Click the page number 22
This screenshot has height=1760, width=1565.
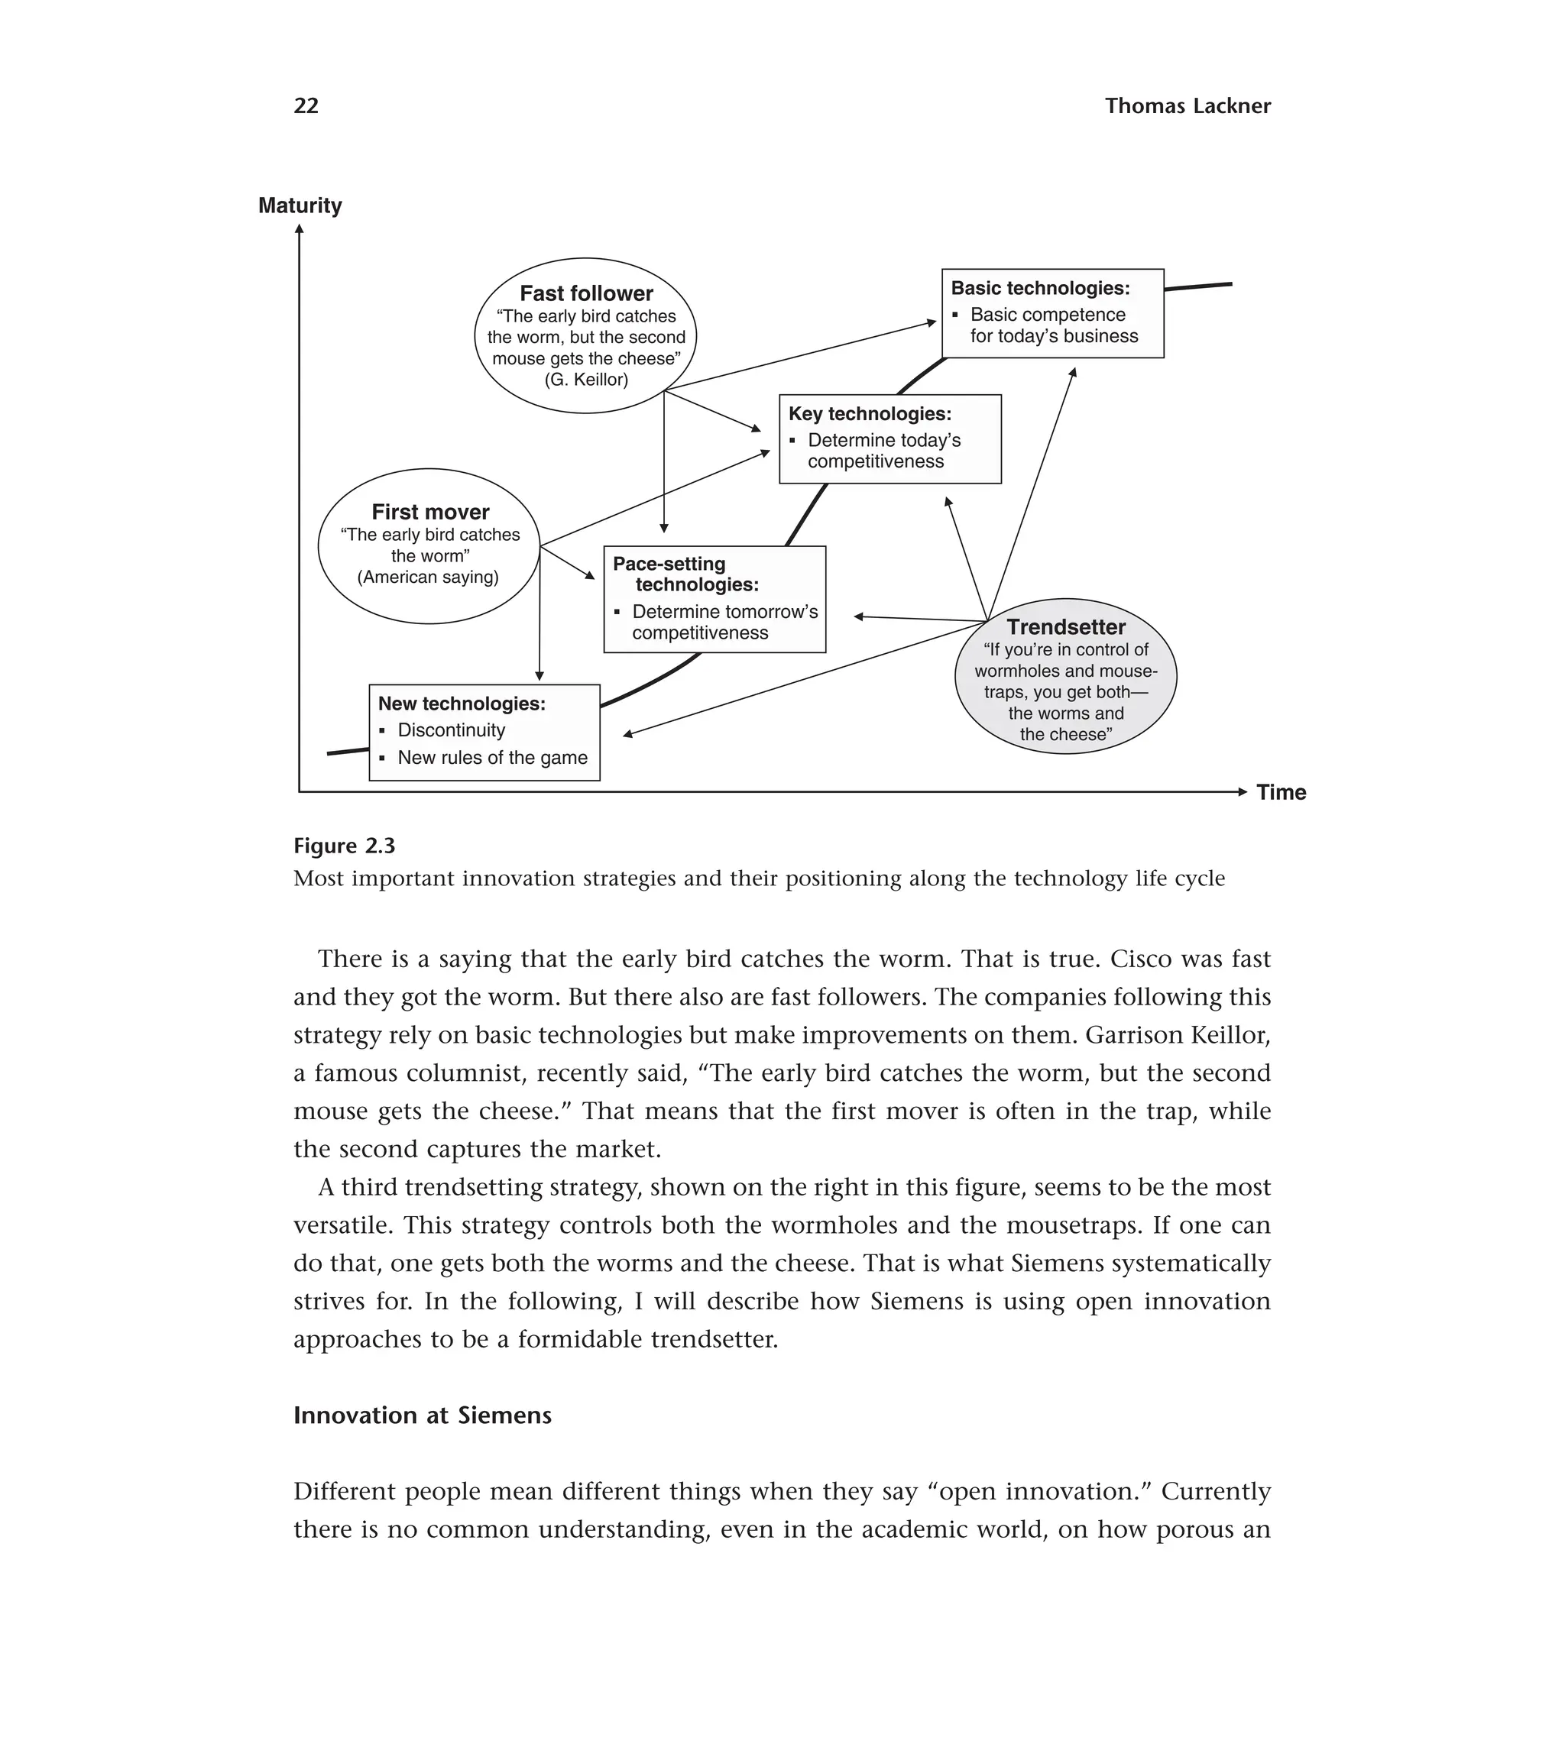(x=306, y=106)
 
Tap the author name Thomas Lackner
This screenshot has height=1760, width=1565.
(x=1187, y=106)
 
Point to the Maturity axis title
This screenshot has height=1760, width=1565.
(x=300, y=205)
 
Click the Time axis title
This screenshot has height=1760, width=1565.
(x=1281, y=792)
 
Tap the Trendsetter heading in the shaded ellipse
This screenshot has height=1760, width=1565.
(x=1065, y=627)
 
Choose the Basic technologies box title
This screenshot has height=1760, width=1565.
(x=1039, y=289)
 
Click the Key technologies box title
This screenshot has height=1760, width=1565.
(x=870, y=414)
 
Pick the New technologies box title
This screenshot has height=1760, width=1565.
(x=462, y=704)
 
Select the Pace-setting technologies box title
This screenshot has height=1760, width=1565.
(x=685, y=574)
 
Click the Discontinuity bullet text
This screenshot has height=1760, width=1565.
(x=452, y=730)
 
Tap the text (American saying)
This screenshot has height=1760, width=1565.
(x=428, y=577)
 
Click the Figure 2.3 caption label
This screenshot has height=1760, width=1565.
(x=344, y=846)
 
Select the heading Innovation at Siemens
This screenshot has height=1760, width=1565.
(x=422, y=1415)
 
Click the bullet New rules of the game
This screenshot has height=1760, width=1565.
(x=492, y=758)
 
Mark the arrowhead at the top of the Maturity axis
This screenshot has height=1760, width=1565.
(x=299, y=229)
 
